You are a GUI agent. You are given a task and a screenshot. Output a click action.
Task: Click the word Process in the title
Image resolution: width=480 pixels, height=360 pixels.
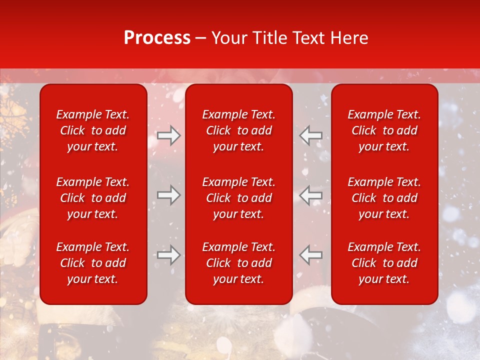point(157,38)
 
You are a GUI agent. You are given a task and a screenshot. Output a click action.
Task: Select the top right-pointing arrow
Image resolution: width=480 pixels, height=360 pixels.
point(168,135)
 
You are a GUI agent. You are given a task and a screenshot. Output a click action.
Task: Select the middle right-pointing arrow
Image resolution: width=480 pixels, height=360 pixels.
point(168,195)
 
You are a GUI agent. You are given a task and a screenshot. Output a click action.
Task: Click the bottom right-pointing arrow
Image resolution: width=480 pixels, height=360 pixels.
point(168,255)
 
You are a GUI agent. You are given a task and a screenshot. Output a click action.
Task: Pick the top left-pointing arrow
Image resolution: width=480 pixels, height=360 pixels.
point(311,135)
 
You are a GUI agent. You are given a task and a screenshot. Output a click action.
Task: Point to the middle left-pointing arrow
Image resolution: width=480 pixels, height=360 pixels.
point(311,195)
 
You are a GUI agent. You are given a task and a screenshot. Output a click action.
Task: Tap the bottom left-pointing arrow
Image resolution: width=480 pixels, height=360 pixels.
point(311,255)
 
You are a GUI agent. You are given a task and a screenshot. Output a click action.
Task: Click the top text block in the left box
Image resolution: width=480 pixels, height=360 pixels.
point(93,130)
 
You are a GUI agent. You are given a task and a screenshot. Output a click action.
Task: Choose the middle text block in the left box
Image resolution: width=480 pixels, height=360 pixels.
point(93,198)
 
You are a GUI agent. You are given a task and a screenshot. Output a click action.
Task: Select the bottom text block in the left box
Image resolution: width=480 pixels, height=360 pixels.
point(93,263)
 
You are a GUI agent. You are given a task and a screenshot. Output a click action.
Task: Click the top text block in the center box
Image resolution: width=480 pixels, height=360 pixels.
point(239,130)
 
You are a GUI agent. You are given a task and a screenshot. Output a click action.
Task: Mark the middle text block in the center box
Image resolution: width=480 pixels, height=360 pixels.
point(239,198)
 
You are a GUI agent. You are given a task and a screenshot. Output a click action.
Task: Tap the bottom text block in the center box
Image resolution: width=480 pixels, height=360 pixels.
point(239,263)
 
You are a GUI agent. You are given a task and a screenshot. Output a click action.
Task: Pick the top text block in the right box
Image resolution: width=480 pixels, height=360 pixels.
point(384,130)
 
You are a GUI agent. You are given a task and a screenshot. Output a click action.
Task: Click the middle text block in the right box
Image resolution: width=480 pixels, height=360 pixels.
point(384,198)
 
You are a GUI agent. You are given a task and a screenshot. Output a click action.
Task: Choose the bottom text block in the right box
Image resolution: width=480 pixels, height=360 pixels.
point(384,263)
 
